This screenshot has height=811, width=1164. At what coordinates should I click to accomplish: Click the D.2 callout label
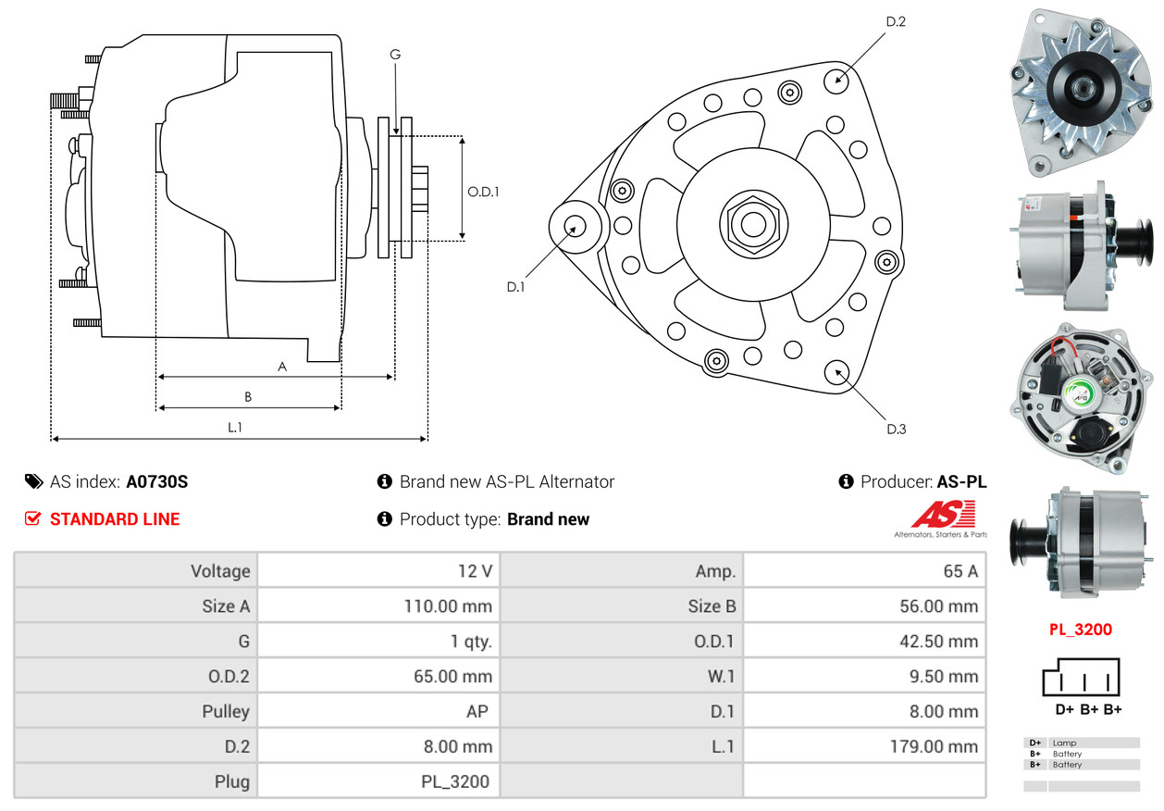895,21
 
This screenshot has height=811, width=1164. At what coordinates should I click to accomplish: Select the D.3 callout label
896,429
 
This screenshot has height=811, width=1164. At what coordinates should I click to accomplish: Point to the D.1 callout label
515,287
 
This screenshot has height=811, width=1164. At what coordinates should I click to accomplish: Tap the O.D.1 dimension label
483,192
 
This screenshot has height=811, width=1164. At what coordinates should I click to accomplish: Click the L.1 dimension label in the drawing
235,427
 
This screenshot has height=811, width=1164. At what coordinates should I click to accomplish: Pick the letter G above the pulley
395,55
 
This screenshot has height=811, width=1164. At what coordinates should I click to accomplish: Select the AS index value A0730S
157,481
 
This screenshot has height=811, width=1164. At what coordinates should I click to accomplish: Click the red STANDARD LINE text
115,519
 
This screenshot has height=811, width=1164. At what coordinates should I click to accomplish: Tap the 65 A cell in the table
960,571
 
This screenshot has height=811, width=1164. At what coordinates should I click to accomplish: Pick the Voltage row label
220,571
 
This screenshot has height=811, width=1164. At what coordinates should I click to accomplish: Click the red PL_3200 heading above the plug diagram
1080,630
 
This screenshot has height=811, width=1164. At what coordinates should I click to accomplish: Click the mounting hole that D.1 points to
575,226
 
